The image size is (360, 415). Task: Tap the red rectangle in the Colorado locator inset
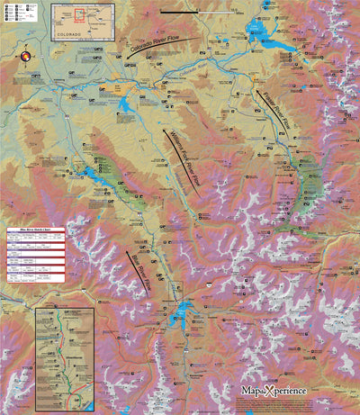pyautogui.click(x=80, y=15)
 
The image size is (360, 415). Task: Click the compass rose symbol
pyautogui.click(x=26, y=57)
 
